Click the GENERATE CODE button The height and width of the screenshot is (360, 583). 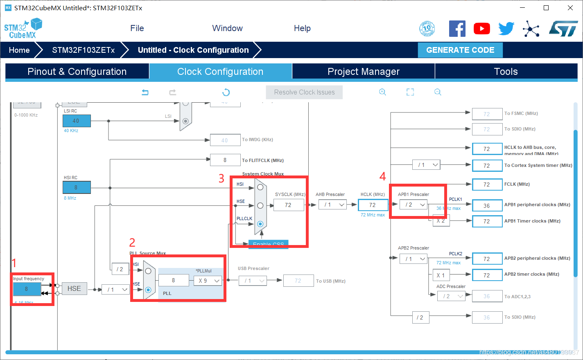tap(460, 50)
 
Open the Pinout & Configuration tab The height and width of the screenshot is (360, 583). tap(77, 72)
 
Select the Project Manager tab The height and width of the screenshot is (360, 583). tap(363, 72)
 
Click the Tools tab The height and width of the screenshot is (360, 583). tap(506, 72)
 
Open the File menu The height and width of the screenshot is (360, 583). tap(137, 28)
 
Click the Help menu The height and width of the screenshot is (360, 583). tap(302, 28)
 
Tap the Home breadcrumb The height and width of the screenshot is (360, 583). tap(19, 50)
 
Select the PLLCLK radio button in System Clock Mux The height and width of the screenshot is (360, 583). tap(260, 224)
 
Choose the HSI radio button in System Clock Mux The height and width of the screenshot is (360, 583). tap(260, 187)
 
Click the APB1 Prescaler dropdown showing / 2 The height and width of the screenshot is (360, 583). tap(414, 205)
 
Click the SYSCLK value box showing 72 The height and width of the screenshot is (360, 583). tap(288, 205)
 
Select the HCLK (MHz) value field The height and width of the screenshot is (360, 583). tap(373, 205)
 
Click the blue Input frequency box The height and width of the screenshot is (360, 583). tap(27, 289)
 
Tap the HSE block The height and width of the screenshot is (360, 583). tap(74, 288)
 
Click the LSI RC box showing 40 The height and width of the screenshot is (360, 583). tap(76, 121)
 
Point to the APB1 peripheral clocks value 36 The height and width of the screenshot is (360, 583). tap(487, 206)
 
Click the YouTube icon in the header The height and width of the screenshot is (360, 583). tap(482, 28)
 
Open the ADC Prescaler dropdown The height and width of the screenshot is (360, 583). tap(451, 296)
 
